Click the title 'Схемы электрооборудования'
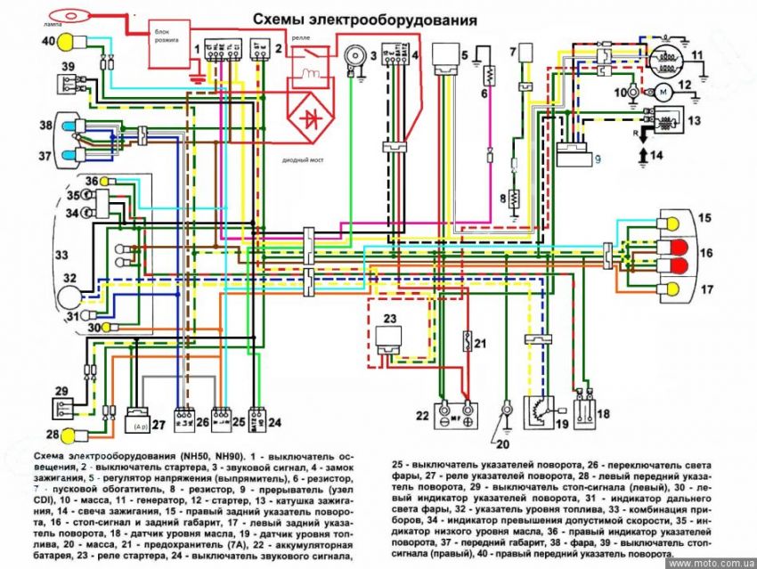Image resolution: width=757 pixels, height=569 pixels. (364, 20)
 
